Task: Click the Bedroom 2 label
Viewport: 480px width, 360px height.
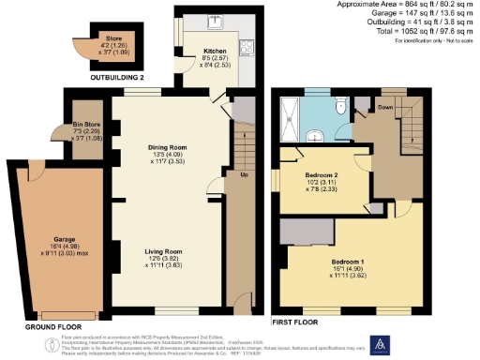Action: (321, 174)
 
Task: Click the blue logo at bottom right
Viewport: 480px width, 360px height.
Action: (382, 346)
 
